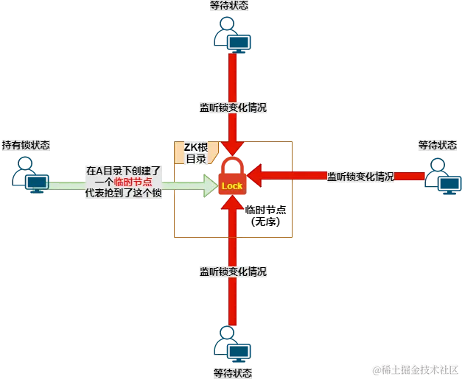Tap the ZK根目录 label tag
(195, 152)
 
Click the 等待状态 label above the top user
(229, 6)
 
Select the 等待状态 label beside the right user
(438, 144)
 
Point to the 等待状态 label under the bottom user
(233, 372)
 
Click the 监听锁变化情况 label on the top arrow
(233, 107)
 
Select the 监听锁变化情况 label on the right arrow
(360, 177)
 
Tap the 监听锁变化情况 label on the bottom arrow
(233, 271)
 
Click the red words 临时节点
(133, 181)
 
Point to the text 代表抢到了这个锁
(122, 192)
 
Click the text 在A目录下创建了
(122, 170)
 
